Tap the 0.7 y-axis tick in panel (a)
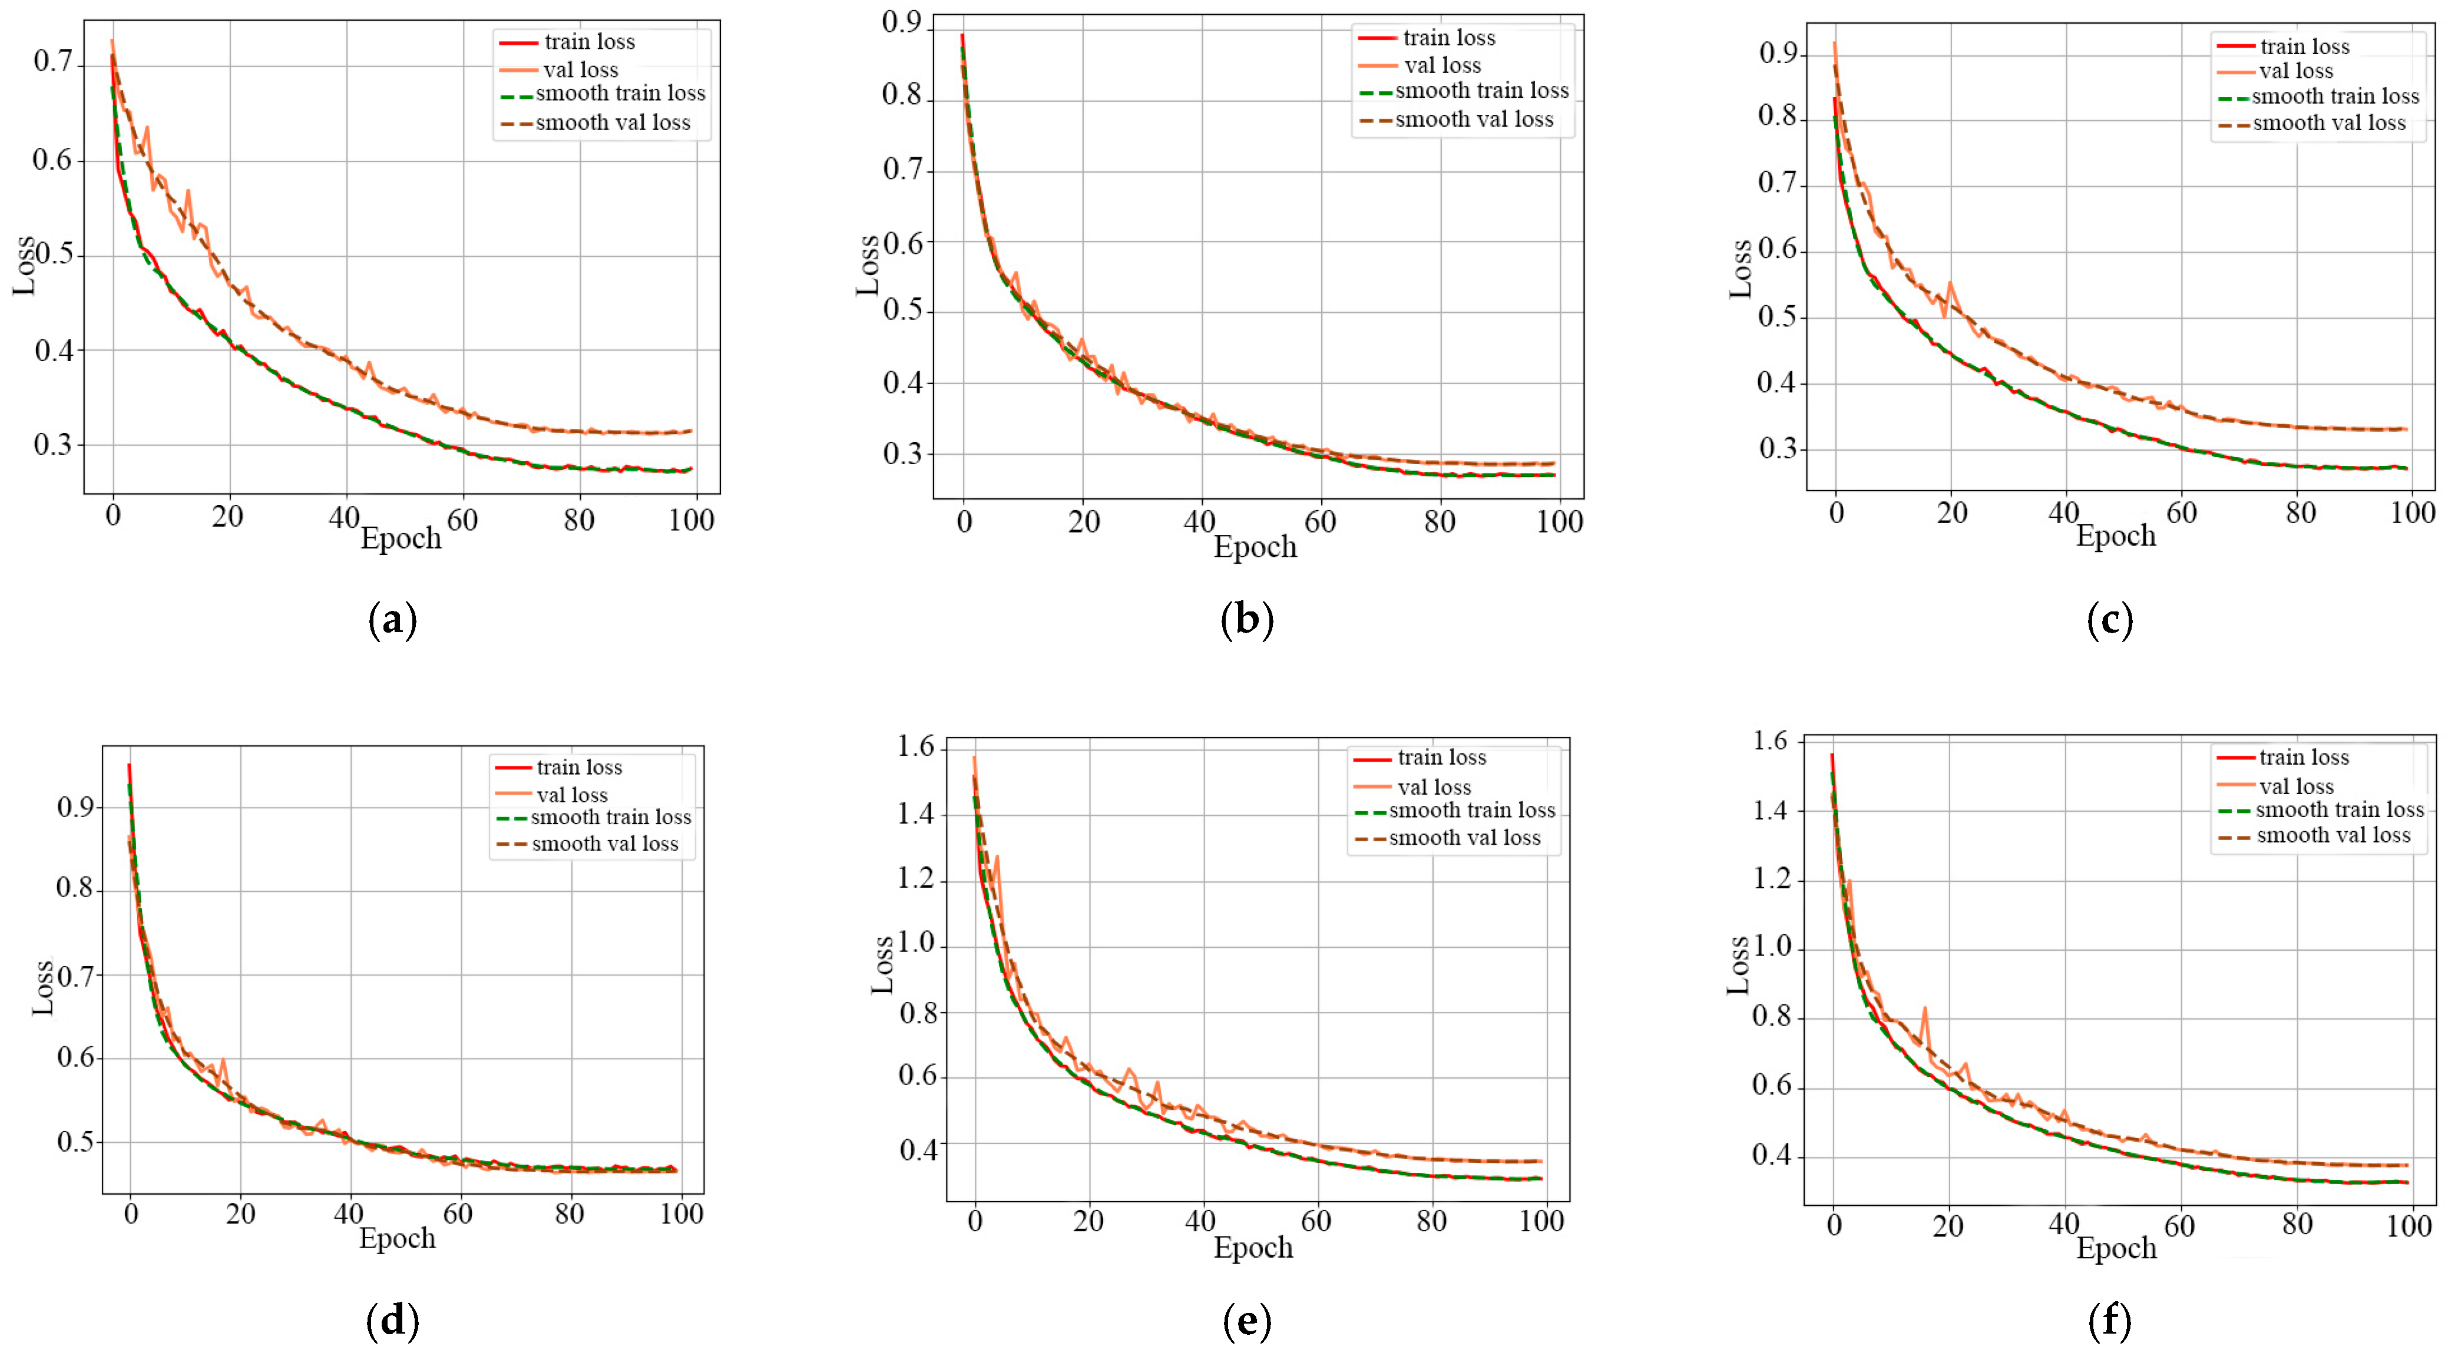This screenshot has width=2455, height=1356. [54, 62]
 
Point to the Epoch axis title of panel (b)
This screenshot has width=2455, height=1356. [1254, 547]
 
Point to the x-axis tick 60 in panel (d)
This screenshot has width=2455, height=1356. [458, 1213]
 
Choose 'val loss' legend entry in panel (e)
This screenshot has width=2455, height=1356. [1433, 787]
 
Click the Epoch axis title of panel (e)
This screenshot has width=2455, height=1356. [1252, 1248]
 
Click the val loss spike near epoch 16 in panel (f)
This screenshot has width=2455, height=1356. [1924, 1008]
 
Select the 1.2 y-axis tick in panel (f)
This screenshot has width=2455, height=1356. [1773, 879]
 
